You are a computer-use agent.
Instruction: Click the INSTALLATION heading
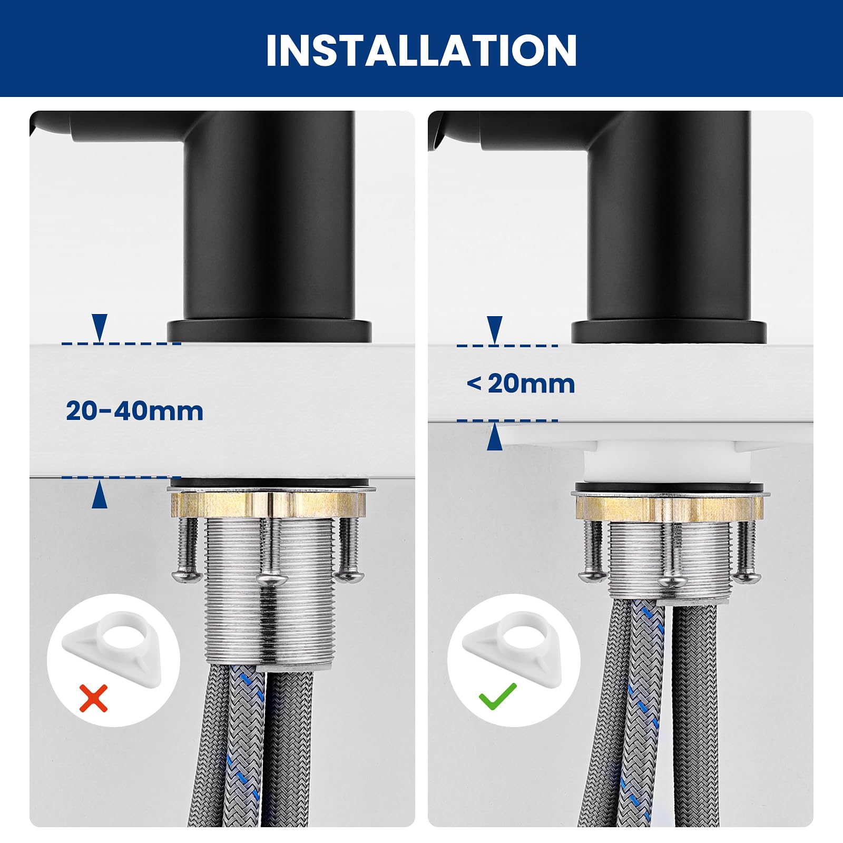(x=421, y=51)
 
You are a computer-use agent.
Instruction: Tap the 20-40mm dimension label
(x=134, y=411)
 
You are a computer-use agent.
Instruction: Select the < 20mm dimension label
(x=521, y=384)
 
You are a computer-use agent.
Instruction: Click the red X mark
(x=93, y=698)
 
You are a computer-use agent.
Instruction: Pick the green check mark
(x=497, y=695)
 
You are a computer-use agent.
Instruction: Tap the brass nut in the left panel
(x=268, y=504)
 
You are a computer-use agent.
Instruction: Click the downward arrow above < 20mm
(x=495, y=330)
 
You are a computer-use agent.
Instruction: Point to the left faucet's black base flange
(x=269, y=330)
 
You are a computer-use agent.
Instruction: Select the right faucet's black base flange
(x=669, y=332)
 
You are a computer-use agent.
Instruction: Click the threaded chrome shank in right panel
(x=670, y=561)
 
